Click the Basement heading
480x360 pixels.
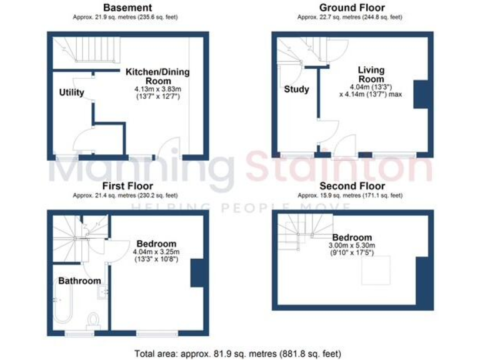pyautogui.click(x=123, y=7)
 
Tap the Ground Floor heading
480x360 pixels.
pyautogui.click(x=352, y=7)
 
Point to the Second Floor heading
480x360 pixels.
pyautogui.click(x=352, y=186)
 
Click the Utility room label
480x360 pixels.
pyautogui.click(x=71, y=92)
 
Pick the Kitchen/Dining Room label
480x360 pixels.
pyautogui.click(x=157, y=76)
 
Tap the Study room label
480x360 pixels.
pyautogui.click(x=296, y=89)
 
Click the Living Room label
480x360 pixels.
pyautogui.click(x=371, y=74)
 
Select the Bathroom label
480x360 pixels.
pyautogui.click(x=79, y=281)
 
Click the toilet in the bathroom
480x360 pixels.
pyautogui.click(x=94, y=319)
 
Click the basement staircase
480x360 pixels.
pyautogui.click(x=87, y=51)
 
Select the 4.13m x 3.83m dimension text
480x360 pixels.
pyautogui.click(x=157, y=90)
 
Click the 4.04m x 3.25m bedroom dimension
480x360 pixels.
pyautogui.click(x=156, y=252)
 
